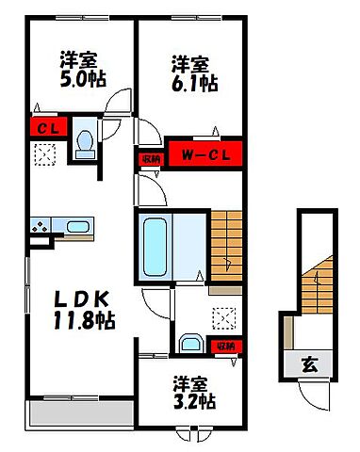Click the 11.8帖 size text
click(84, 321)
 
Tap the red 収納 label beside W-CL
click(151, 158)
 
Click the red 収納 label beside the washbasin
click(224, 347)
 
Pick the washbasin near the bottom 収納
click(191, 343)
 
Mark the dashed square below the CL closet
click(43, 155)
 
